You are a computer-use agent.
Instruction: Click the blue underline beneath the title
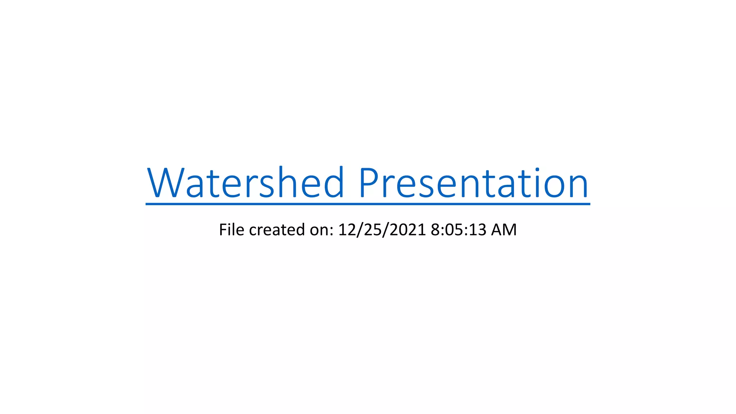pyautogui.click(x=368, y=204)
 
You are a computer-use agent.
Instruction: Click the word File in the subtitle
pyautogui.click(x=231, y=230)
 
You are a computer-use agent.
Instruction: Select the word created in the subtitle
pyautogui.click(x=277, y=230)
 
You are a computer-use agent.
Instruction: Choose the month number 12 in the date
pyautogui.click(x=347, y=230)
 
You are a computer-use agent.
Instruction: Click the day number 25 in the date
pyautogui.click(x=372, y=230)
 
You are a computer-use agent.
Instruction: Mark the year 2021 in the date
pyautogui.click(x=408, y=230)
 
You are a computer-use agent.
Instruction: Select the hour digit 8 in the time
pyautogui.click(x=435, y=230)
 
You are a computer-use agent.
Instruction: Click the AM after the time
pyautogui.click(x=504, y=230)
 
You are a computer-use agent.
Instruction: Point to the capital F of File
pyautogui.click(x=223, y=230)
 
